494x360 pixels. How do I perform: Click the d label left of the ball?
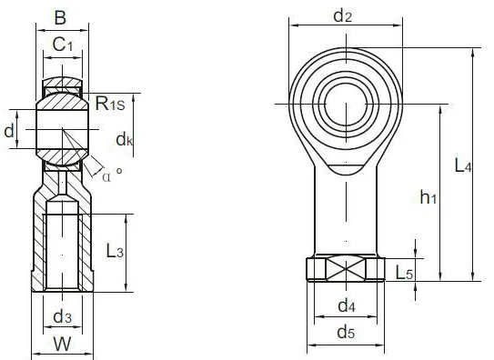coord(9,132)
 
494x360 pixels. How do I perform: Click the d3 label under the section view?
coord(62,315)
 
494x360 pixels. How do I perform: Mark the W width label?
coord(62,345)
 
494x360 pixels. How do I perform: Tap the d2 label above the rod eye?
coord(342,15)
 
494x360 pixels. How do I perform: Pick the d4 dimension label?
coord(346,305)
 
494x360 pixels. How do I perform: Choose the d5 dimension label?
coord(346,332)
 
